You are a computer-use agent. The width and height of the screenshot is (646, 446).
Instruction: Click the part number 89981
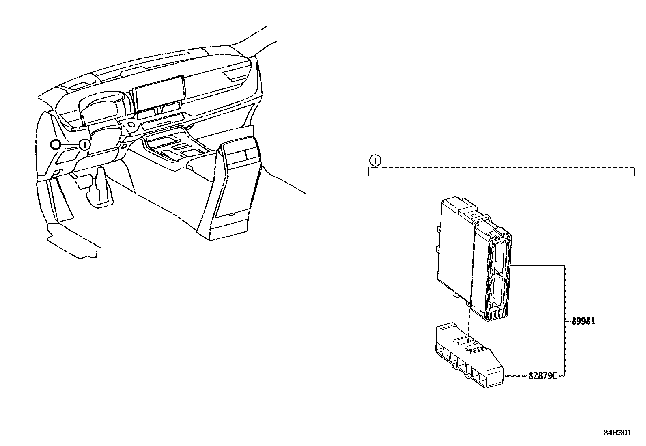583,321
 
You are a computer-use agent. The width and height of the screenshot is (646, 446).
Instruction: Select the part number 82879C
542,376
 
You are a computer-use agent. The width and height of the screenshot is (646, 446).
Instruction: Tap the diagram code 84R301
617,433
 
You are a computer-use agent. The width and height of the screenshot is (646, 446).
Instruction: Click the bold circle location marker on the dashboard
55,144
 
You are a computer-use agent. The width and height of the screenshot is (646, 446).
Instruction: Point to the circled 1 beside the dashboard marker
84,144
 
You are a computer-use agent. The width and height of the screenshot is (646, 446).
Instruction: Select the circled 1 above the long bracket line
376,161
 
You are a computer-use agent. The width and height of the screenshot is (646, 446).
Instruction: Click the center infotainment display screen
159,93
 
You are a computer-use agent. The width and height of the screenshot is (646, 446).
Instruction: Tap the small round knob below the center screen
131,124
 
